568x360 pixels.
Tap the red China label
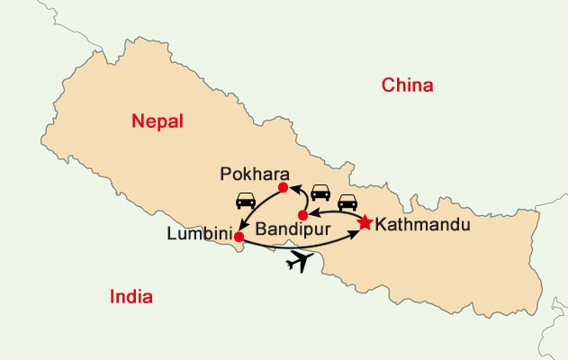408,85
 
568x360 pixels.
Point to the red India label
131,297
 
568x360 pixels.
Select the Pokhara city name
248,172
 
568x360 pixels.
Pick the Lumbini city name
198,233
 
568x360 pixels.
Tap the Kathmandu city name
423,224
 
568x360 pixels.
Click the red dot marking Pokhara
283,188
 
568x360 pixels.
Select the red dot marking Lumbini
239,237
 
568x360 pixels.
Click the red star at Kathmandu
365,222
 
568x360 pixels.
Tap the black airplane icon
303,262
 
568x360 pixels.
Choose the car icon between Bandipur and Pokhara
320,193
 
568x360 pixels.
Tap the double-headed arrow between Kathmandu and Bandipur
335,212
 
